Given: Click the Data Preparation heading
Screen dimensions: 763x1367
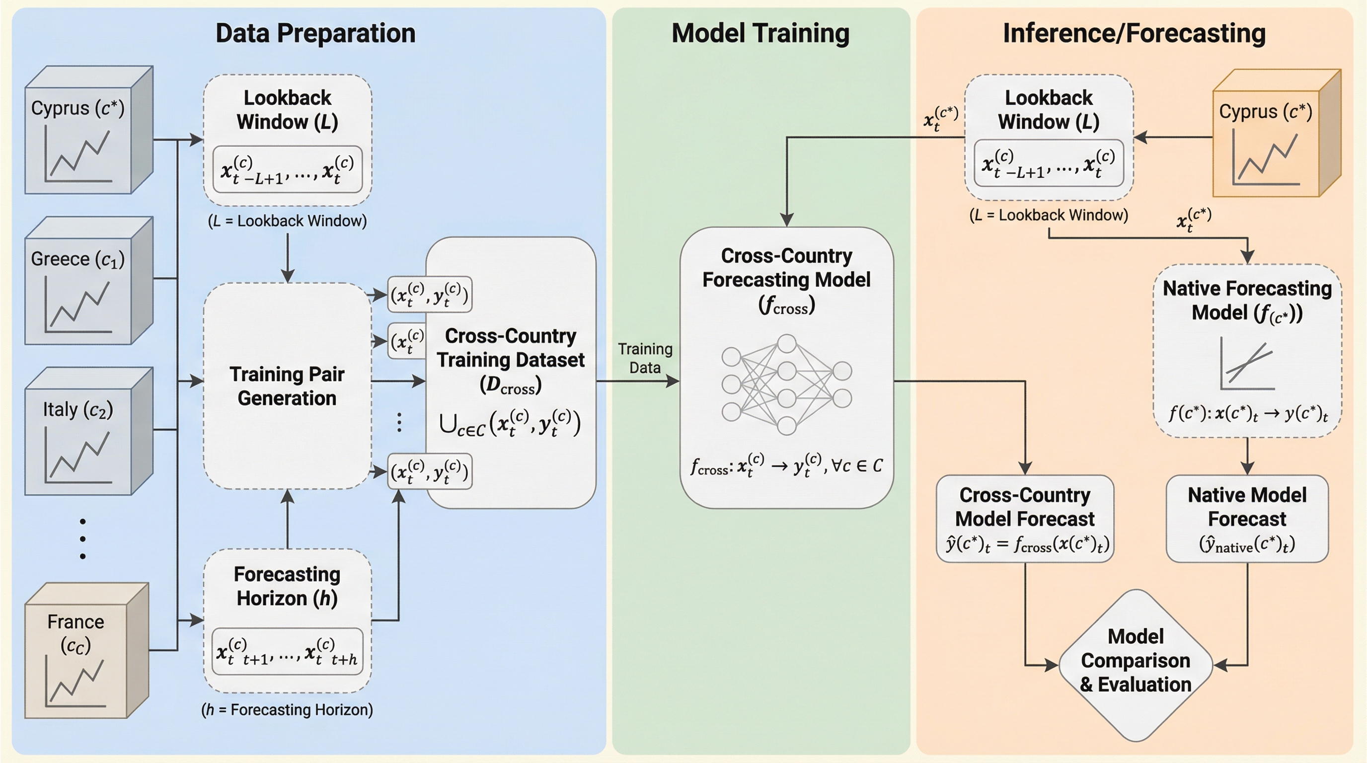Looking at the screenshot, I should coord(315,33).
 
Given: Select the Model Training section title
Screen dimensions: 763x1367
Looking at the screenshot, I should coord(760,33).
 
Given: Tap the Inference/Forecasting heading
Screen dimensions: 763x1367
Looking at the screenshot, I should coord(1134,33).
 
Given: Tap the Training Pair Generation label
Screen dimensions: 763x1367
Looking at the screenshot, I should coord(287,386).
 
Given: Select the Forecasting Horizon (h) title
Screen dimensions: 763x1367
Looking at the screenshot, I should coord(287,586).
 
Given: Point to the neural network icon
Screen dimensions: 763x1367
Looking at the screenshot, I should coord(786,384).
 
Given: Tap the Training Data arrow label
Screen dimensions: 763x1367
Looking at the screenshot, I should coord(645,358).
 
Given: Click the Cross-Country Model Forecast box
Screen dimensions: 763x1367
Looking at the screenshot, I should coord(1025,519).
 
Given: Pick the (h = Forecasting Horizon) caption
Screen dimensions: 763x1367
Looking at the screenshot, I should coord(287,709).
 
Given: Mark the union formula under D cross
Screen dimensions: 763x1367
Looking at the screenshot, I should coord(511,423).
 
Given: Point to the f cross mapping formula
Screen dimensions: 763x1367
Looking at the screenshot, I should coord(786,465).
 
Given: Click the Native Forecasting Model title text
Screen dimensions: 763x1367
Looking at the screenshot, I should coord(1247,301).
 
